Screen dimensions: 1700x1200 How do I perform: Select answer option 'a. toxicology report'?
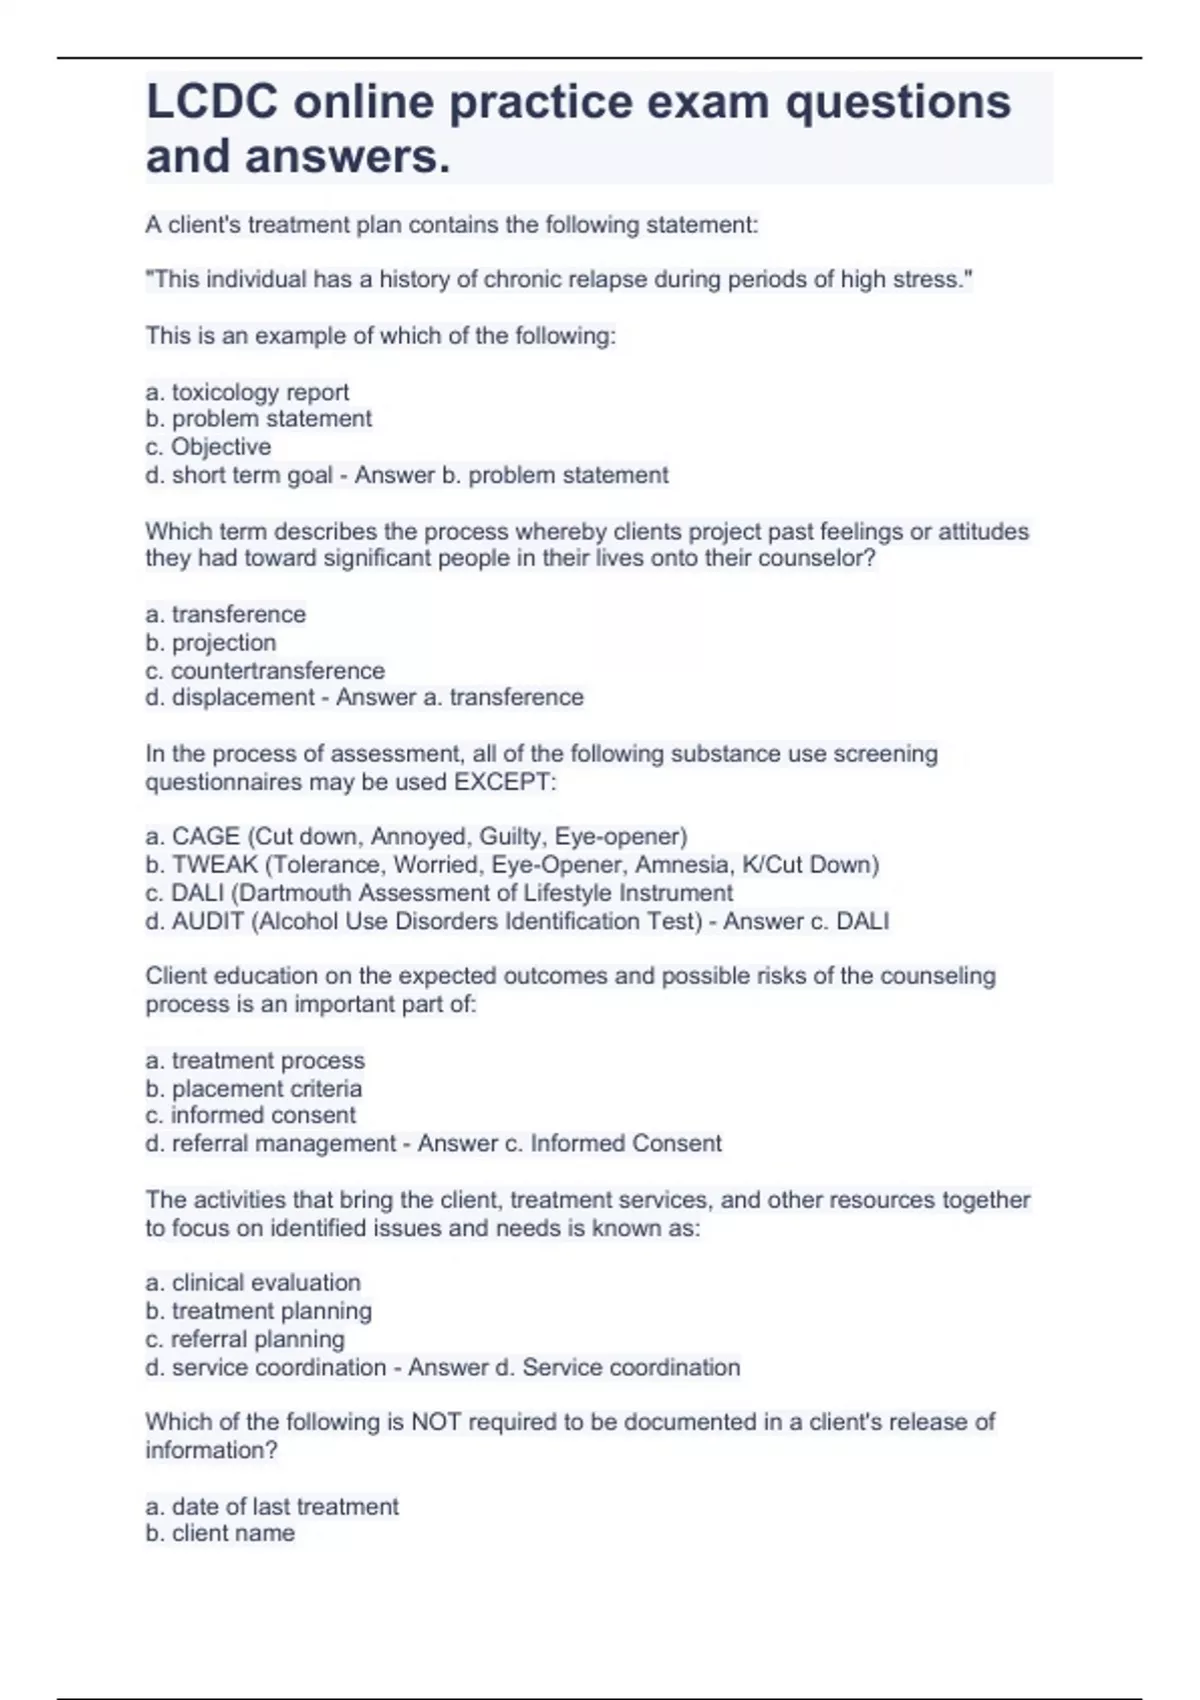tap(247, 392)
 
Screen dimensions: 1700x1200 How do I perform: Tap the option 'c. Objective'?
tap(208, 447)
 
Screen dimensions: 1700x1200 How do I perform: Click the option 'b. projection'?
tap(210, 642)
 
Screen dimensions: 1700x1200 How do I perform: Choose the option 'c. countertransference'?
tap(265, 670)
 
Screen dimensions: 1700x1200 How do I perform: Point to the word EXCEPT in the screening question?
tap(504, 782)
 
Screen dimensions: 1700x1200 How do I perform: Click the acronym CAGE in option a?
tap(205, 836)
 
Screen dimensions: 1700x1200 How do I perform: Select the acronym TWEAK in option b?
tap(214, 864)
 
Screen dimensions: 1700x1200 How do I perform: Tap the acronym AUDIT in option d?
tap(208, 921)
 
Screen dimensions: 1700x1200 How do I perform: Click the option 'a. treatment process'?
tap(255, 1060)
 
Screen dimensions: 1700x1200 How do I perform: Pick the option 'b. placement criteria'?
tap(253, 1088)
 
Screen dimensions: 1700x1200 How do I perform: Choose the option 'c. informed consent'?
tap(250, 1115)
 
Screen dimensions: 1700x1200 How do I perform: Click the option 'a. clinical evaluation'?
tap(253, 1282)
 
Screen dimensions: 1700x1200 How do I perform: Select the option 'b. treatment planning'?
tap(258, 1310)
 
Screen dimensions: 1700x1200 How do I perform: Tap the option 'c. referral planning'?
tap(245, 1339)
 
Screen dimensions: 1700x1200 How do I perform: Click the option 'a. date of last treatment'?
tap(272, 1506)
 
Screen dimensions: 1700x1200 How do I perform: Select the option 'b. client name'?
tap(220, 1533)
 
